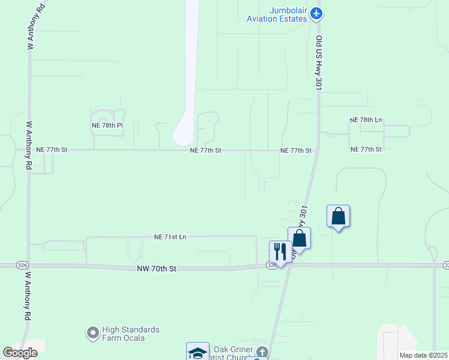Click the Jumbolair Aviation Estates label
click(277, 14)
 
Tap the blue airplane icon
click(317, 13)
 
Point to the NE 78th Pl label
click(107, 125)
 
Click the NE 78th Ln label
click(366, 120)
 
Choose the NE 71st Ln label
click(170, 237)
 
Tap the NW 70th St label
click(155, 269)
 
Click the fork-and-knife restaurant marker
click(280, 251)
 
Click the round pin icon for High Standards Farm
click(92, 332)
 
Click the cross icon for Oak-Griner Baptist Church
click(262, 351)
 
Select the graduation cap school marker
click(197, 352)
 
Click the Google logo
click(20, 353)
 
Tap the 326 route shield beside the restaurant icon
click(271, 265)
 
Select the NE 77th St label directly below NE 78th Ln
click(366, 149)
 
